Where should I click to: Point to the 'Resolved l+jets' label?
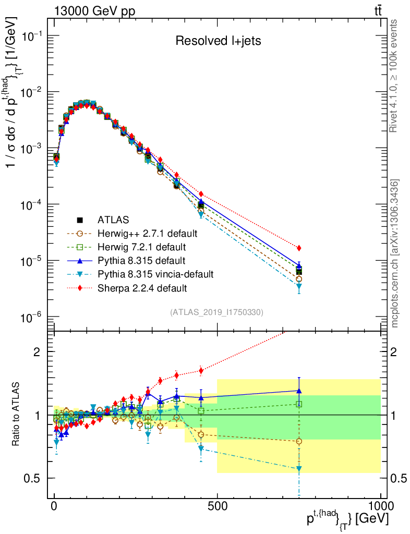point(218,41)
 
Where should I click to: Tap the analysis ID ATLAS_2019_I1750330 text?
point(216,312)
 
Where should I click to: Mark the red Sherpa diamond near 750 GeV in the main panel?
point(299,248)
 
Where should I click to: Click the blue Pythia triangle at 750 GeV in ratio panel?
point(299,390)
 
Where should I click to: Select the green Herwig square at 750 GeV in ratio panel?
point(299,404)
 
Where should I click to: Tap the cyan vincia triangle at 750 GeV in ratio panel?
point(299,469)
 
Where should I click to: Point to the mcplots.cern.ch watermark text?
point(395,253)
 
